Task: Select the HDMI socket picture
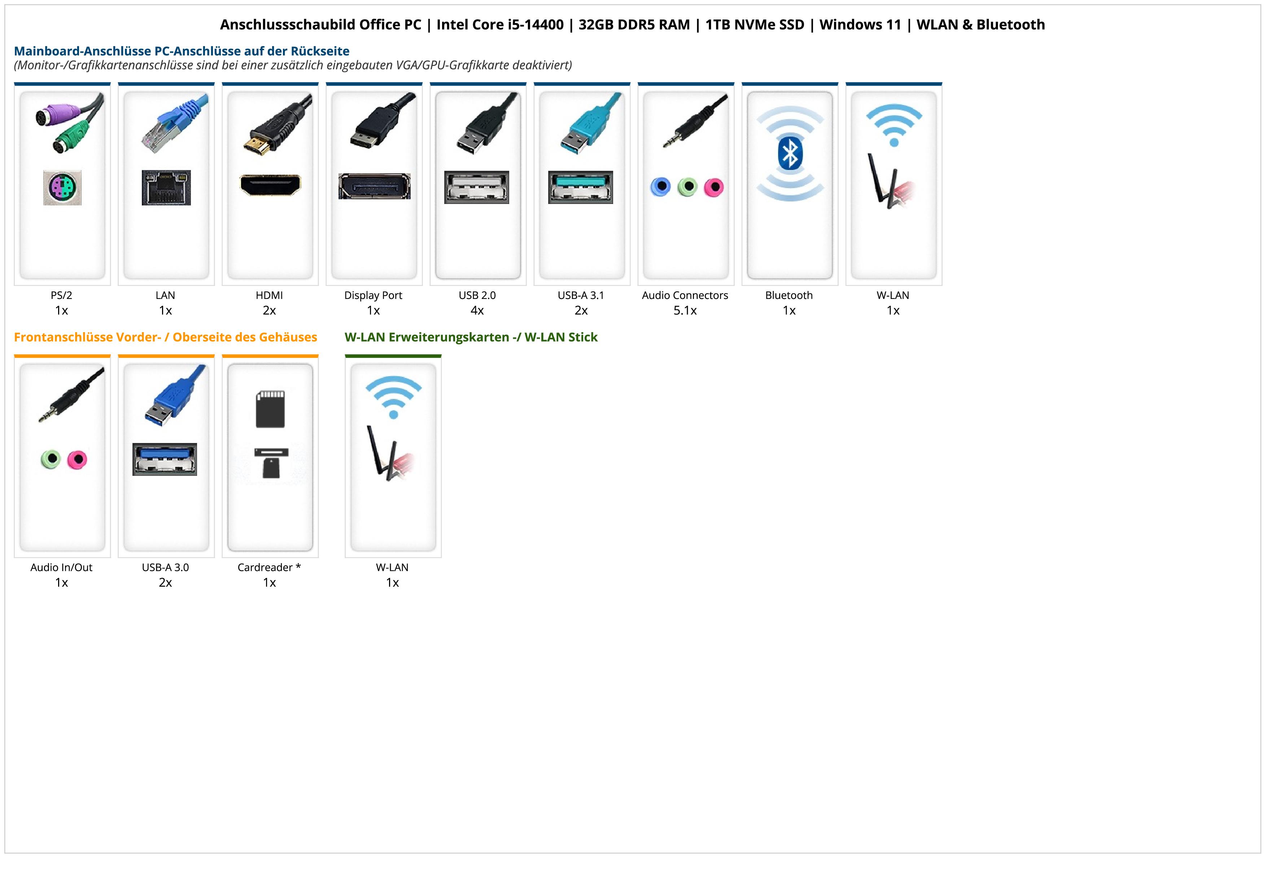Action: tap(270, 185)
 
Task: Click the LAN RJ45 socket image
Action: tap(166, 187)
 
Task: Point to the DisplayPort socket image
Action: tap(374, 186)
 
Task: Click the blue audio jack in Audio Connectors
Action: tap(660, 187)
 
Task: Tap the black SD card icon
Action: tap(270, 409)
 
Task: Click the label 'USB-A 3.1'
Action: tap(581, 295)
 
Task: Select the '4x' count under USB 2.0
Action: tap(477, 310)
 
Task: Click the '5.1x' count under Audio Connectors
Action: tap(685, 310)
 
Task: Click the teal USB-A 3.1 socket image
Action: tap(580, 187)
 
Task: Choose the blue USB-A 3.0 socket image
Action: tap(164, 459)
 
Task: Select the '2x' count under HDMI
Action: tap(269, 310)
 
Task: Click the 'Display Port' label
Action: tap(373, 295)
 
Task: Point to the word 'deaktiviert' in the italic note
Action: tap(540, 65)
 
